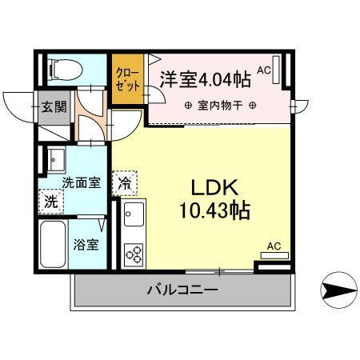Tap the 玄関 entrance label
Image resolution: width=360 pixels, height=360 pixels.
(54, 106)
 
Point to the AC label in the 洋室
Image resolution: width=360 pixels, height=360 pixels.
(265, 70)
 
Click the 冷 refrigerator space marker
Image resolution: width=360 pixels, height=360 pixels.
(125, 182)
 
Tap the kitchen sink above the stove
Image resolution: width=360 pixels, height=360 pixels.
(133, 215)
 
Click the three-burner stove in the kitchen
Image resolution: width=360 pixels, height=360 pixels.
(133, 254)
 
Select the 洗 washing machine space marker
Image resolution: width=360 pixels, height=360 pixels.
(50, 202)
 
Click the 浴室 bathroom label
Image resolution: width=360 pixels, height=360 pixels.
(87, 245)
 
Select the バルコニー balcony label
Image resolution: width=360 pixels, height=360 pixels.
(182, 290)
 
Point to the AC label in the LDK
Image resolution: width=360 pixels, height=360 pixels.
(274, 246)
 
